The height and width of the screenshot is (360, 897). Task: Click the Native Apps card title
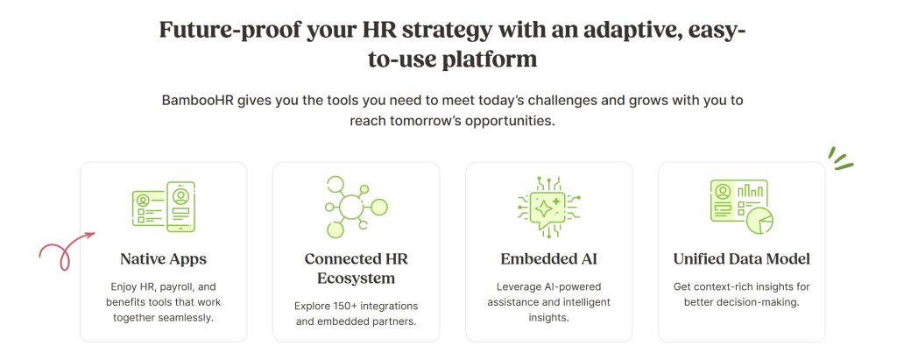tap(163, 259)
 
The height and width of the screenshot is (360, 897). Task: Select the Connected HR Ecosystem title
tap(356, 268)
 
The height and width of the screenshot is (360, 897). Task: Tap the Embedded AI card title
tap(548, 259)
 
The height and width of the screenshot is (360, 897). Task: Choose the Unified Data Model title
tap(741, 259)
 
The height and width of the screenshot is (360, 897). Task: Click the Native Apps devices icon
tap(164, 207)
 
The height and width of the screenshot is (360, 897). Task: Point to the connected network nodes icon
tap(356, 208)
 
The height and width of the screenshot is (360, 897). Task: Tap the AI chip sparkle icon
tap(548, 208)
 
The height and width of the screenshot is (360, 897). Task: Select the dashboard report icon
tap(741, 207)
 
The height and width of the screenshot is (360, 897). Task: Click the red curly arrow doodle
tap(63, 251)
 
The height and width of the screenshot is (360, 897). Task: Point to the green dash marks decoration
tap(840, 159)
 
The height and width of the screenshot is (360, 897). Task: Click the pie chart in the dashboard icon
tap(759, 221)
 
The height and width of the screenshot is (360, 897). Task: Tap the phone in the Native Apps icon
tap(180, 207)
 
